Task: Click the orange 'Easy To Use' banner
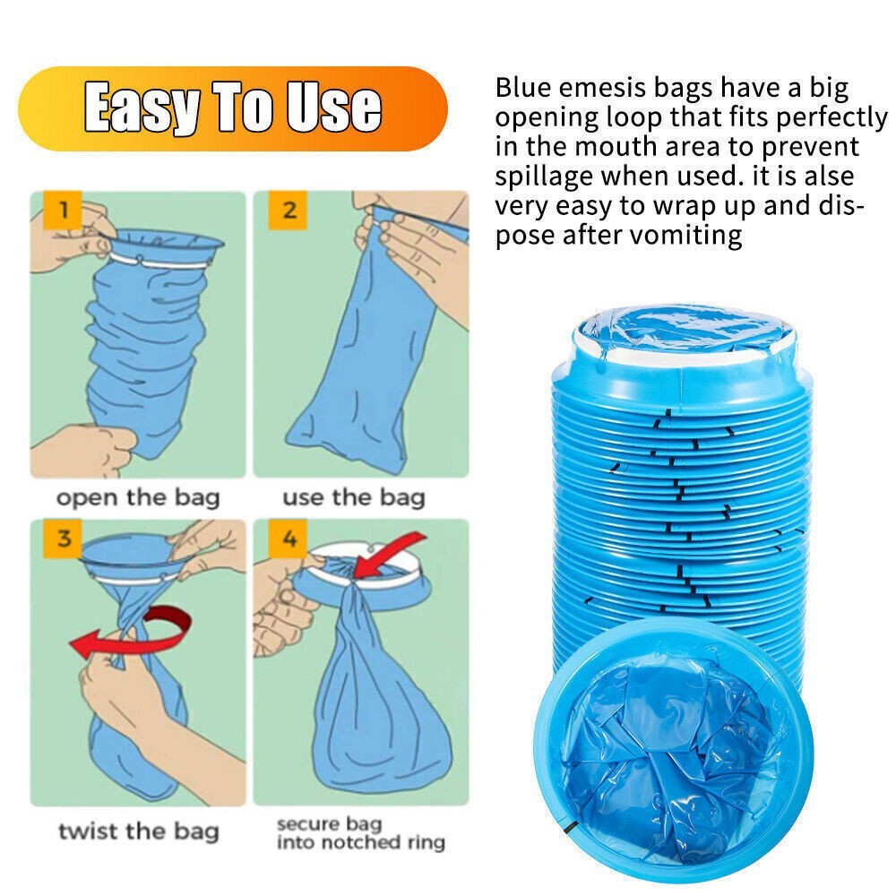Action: (x=233, y=108)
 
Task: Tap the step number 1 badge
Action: (x=64, y=211)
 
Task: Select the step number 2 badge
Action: (x=289, y=211)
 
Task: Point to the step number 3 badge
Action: (x=64, y=538)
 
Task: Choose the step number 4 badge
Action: (x=289, y=538)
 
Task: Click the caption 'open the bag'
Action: (x=138, y=497)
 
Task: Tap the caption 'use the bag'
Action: (x=354, y=497)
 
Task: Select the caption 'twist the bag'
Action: (x=139, y=831)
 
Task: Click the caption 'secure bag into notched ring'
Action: (x=360, y=833)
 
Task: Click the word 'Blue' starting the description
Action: (x=523, y=88)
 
